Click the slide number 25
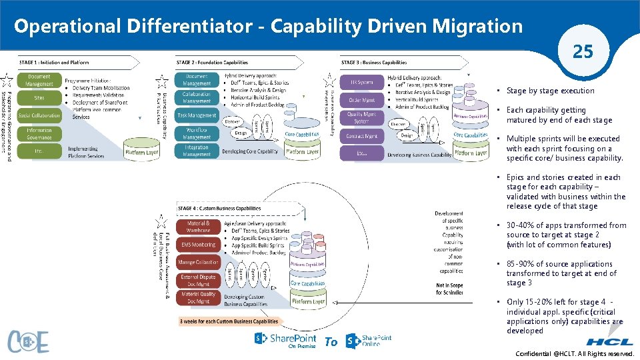coord(583,51)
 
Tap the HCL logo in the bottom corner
coord(609,341)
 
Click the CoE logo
coord(28,342)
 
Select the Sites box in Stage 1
coord(39,98)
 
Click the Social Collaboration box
coord(39,115)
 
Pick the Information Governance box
coord(39,134)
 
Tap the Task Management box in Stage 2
coord(197,115)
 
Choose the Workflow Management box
coord(197,133)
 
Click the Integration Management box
coord(197,151)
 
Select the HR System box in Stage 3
coord(361,82)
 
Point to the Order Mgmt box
coord(361,100)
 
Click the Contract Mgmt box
coord(361,136)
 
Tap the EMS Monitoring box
coord(198,245)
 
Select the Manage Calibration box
coord(198,262)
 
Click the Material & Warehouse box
coord(198,227)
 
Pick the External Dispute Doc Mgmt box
coord(198,280)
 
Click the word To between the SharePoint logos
coord(331,342)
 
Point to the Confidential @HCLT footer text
coord(575,355)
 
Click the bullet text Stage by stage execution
coord(550,91)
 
